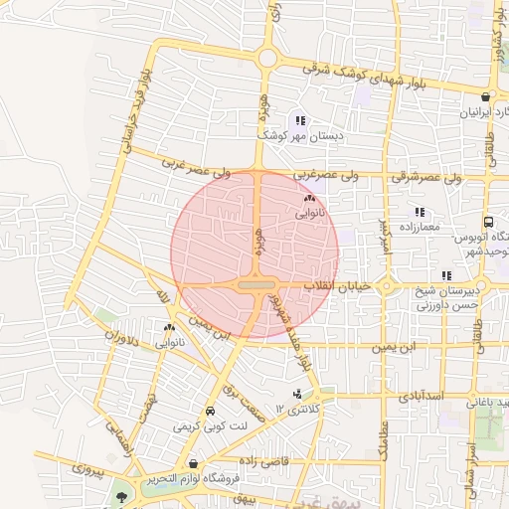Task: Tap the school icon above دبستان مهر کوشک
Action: click(300, 120)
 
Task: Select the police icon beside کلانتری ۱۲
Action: click(297, 395)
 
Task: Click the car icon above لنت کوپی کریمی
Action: click(210, 412)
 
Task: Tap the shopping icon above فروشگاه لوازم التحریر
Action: click(192, 463)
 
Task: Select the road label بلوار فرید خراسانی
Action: click(131, 109)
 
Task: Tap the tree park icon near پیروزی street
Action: click(122, 493)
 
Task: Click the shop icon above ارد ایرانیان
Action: click(484, 97)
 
